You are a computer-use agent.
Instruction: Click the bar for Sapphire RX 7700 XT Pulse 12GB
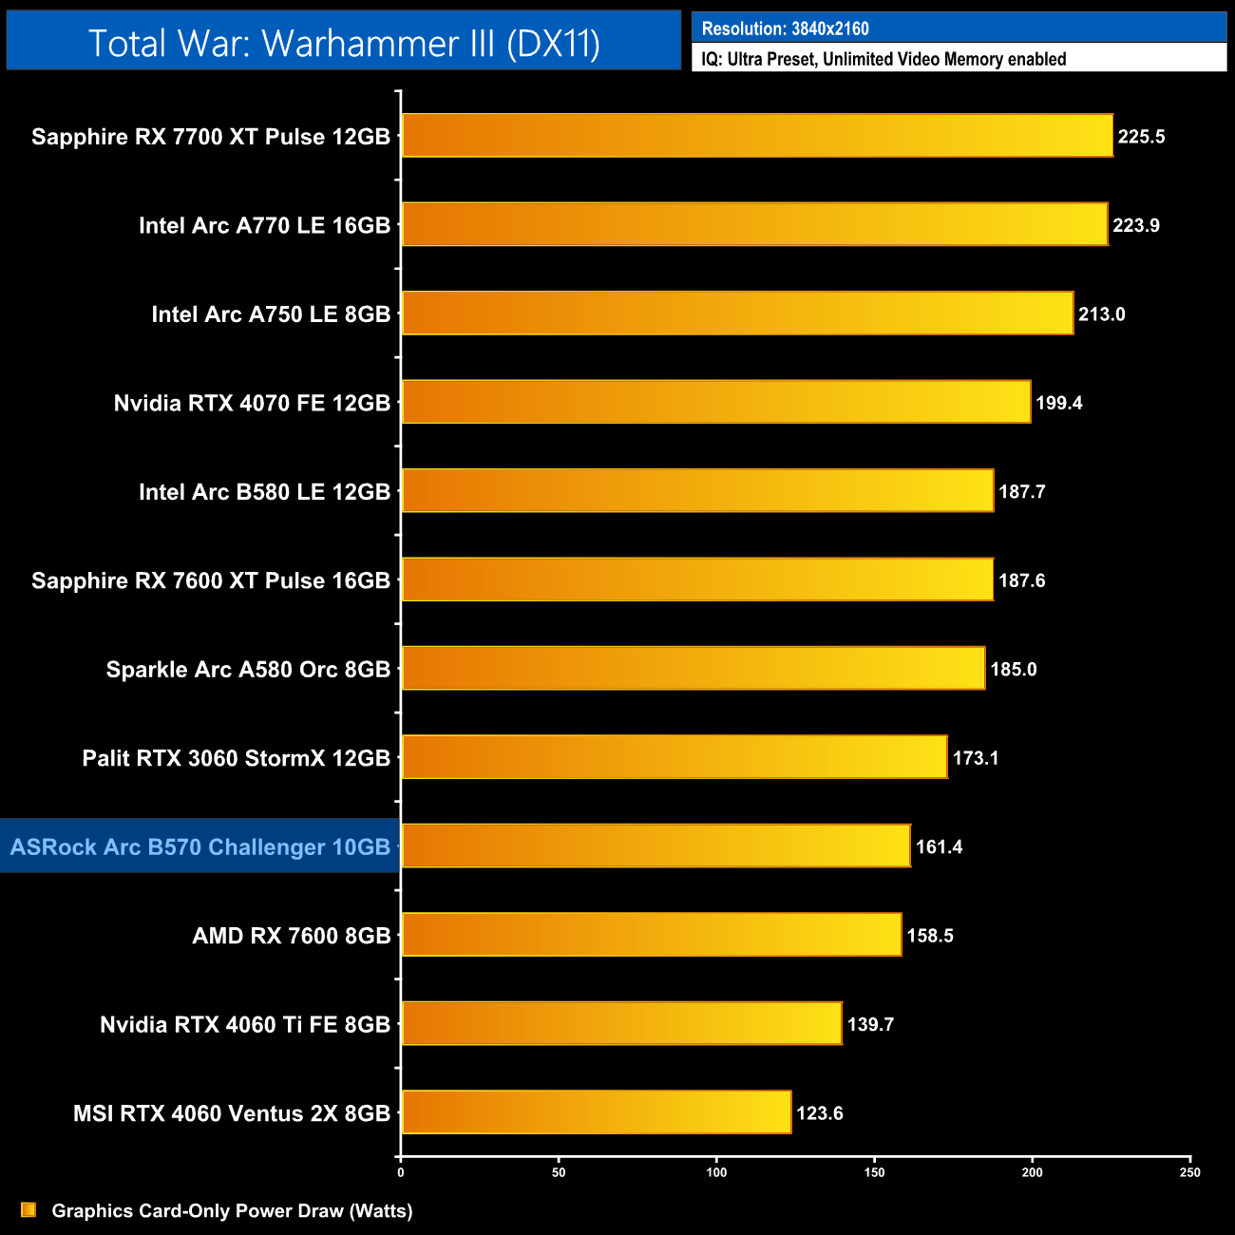[757, 136]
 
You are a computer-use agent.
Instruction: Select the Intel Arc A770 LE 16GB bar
[754, 224]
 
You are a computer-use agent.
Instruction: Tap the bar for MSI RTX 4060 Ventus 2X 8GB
[597, 1112]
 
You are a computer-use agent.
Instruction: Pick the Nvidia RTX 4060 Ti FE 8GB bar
[621, 1023]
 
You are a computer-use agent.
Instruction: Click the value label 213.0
[1101, 314]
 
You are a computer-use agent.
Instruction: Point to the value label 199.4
[1058, 403]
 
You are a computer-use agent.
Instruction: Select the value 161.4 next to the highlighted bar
[939, 846]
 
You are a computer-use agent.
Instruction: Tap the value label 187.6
[1021, 580]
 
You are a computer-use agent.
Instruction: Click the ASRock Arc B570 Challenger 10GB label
[200, 846]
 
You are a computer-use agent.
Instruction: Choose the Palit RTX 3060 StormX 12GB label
[237, 758]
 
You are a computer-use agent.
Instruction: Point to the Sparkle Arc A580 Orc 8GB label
[248, 669]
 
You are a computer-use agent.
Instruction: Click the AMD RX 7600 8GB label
[292, 936]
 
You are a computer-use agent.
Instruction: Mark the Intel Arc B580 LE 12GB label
[264, 492]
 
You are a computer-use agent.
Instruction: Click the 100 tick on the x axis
[716, 1172]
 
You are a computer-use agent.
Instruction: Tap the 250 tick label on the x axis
[1189, 1172]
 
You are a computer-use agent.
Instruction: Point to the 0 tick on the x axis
[401, 1172]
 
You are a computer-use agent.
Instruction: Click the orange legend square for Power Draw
[28, 1209]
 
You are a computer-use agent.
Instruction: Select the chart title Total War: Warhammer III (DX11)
[344, 43]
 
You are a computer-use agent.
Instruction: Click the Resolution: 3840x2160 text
[785, 28]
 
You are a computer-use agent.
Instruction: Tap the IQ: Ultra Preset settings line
[883, 59]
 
